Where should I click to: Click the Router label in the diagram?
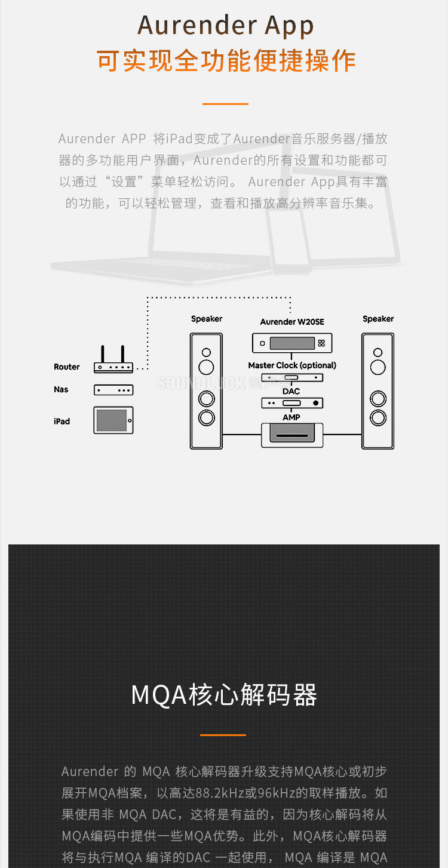click(x=66, y=367)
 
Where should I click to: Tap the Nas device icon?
click(x=113, y=390)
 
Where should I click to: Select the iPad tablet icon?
click(x=113, y=420)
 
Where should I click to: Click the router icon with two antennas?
click(x=113, y=361)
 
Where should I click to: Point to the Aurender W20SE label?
click(x=292, y=322)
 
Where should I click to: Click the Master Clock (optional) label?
click(x=292, y=365)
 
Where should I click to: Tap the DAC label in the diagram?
click(x=291, y=392)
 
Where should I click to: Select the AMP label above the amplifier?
click(x=291, y=417)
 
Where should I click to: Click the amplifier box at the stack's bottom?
click(x=292, y=435)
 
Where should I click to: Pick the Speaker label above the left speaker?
click(x=207, y=319)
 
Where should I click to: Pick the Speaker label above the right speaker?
click(x=378, y=319)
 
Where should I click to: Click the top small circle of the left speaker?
click(x=207, y=352)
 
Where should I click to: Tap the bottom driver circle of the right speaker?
click(x=378, y=416)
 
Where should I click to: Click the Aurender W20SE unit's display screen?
click(x=292, y=343)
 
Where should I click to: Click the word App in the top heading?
click(x=289, y=26)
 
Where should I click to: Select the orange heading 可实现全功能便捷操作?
click(x=226, y=61)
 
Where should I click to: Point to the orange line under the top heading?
click(x=225, y=104)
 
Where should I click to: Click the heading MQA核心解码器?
click(x=224, y=695)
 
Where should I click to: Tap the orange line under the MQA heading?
click(x=223, y=735)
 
